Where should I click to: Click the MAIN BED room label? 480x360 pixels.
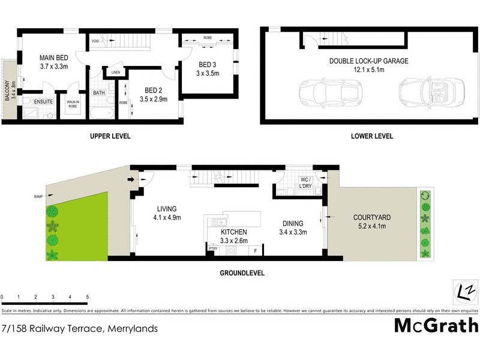[x=53, y=58]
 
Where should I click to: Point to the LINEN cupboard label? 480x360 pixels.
[x=116, y=73]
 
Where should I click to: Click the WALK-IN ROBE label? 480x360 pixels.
[x=74, y=104]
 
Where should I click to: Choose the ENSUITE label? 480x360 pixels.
[x=43, y=101]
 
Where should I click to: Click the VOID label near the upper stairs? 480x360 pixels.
[x=95, y=41]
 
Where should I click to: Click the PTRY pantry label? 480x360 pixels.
[x=212, y=248]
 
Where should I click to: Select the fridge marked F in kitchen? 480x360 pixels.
[x=256, y=250]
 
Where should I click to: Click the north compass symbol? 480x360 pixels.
[x=464, y=293]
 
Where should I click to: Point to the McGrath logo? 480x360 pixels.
[x=436, y=325]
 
